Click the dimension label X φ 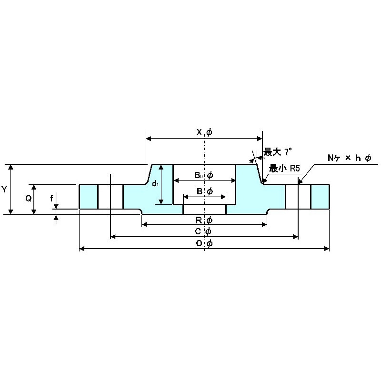point(204,132)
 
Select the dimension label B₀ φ point(203,175)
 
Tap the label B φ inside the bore point(204,191)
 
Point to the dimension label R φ point(204,220)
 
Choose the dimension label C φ point(204,231)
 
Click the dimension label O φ point(204,243)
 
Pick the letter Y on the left point(4,189)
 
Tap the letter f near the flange point(51,198)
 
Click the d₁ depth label point(155,184)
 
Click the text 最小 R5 point(284,168)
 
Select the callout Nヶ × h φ point(349,158)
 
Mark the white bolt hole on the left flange point(110,196)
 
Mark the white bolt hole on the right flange point(298,196)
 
